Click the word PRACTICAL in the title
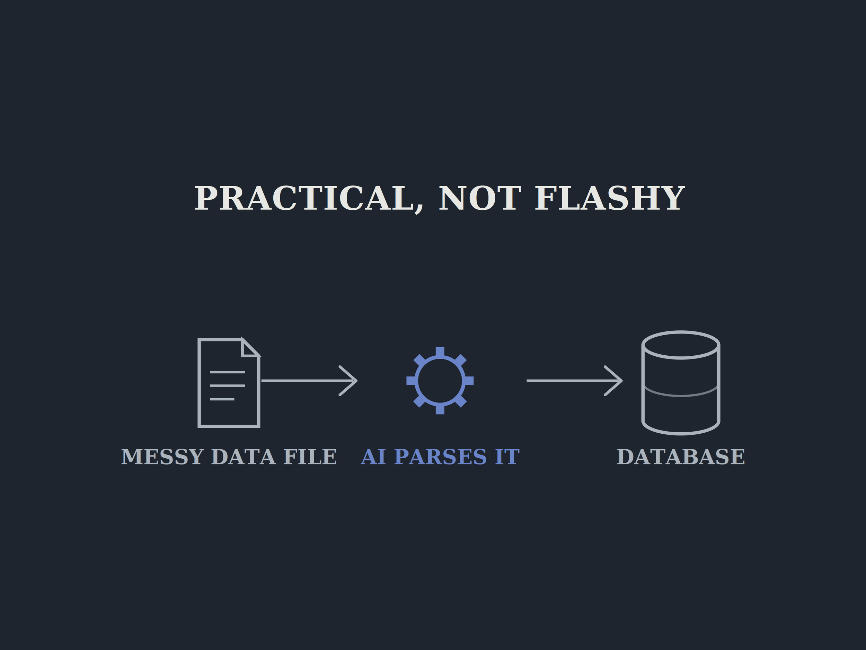pos(304,199)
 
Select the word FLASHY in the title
pos(610,199)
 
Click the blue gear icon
pos(440,381)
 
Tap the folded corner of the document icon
pos(250,348)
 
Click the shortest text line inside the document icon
pos(222,399)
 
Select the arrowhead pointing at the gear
pos(348,381)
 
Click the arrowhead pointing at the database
pos(614,381)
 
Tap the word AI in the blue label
pos(373,457)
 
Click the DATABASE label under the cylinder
pos(681,457)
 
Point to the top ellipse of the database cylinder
pos(681,332)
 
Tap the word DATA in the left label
pos(243,457)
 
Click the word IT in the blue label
pos(507,457)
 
